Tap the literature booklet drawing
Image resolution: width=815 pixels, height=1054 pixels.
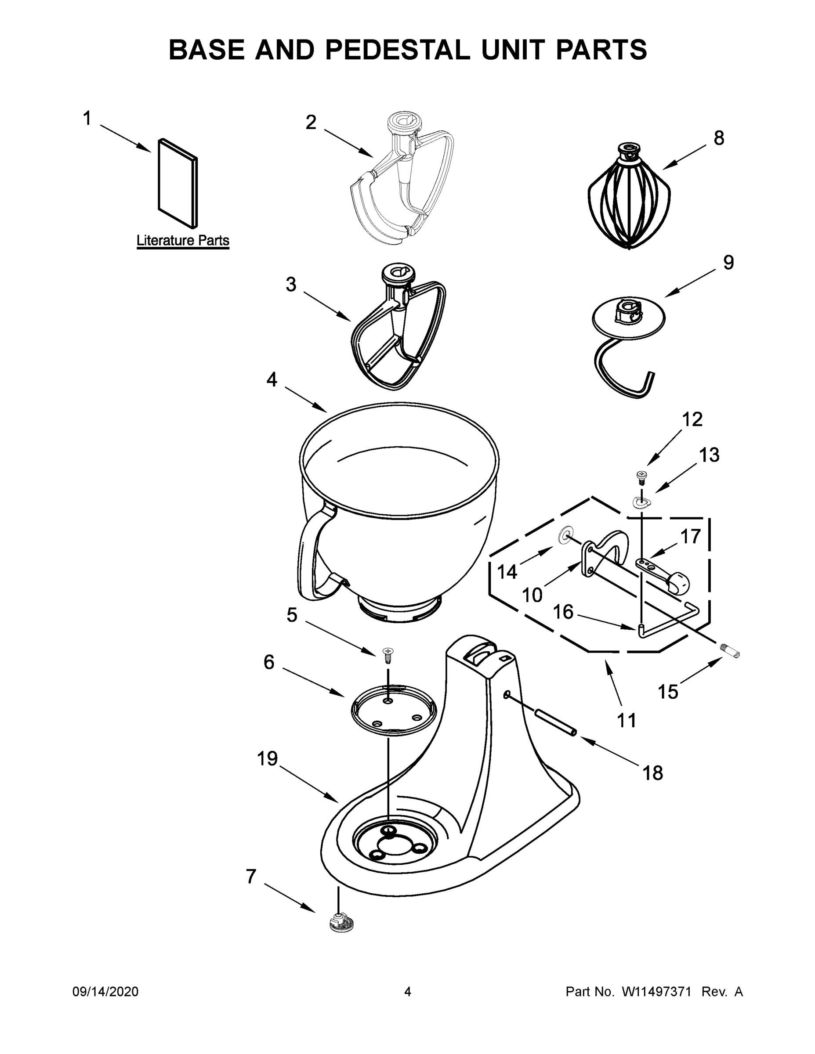tap(177, 184)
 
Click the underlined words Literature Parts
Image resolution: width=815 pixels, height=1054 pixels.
tap(182, 240)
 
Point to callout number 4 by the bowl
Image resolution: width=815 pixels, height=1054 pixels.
tap(272, 380)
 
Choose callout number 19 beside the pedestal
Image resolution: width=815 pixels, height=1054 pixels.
tap(267, 758)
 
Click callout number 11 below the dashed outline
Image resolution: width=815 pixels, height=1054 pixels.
tap(627, 720)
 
